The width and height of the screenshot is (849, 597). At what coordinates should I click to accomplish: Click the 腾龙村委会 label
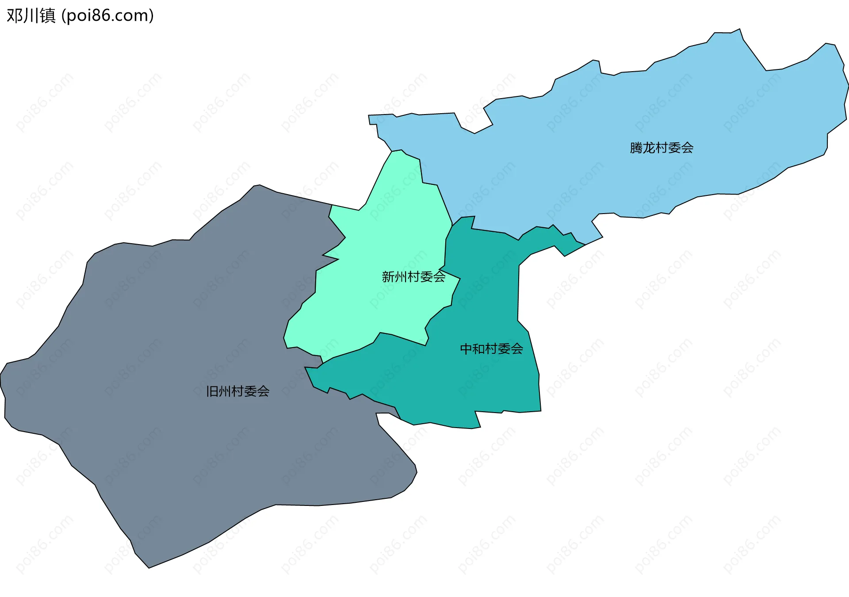click(x=662, y=148)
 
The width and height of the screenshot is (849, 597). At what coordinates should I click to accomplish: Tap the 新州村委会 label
click(x=413, y=277)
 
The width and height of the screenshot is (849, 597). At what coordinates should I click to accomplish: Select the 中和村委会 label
click(x=491, y=349)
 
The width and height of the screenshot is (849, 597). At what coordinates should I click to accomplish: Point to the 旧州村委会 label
click(x=238, y=391)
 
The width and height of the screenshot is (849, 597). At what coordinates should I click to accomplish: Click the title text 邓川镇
click(x=31, y=16)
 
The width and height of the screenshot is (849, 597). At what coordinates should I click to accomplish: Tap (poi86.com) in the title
click(x=107, y=16)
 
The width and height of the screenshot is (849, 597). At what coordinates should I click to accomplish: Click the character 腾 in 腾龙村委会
click(x=636, y=148)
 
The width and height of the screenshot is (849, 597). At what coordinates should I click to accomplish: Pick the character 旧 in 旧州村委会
click(x=212, y=391)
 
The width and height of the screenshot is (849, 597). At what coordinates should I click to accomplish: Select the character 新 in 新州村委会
click(x=388, y=277)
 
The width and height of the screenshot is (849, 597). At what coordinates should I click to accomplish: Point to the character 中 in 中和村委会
click(x=466, y=349)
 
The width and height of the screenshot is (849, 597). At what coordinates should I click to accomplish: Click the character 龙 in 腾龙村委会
click(x=649, y=148)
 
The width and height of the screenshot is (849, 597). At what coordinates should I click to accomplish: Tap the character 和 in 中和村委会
click(x=479, y=349)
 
